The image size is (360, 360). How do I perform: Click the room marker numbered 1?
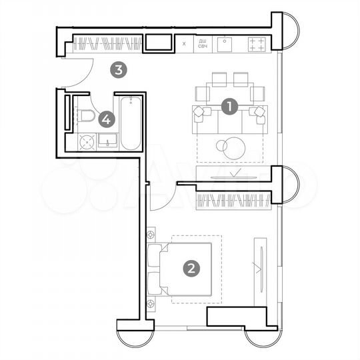click(229, 106)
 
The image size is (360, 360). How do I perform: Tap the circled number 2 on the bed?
click(191, 269)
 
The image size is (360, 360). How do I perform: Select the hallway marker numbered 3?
click(118, 68)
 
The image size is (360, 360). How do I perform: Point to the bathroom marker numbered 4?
click(106, 120)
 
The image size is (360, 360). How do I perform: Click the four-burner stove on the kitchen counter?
click(257, 44)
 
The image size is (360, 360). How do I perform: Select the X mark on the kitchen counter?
click(183, 45)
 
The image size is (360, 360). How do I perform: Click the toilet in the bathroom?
click(86, 117)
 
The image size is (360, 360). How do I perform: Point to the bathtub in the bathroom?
click(129, 123)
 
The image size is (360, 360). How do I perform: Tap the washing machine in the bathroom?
click(86, 141)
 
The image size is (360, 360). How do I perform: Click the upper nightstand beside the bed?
click(151, 235)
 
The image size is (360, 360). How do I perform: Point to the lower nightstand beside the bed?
click(151, 303)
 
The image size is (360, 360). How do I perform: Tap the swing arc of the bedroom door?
click(163, 198)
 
